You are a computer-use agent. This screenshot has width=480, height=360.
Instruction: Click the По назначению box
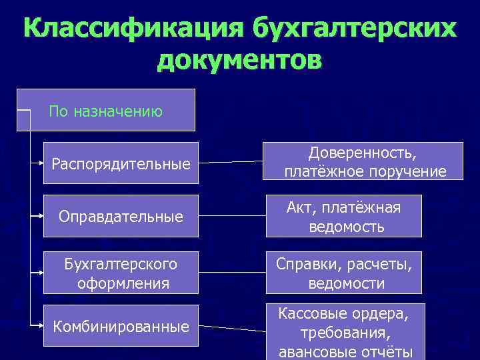[106, 110]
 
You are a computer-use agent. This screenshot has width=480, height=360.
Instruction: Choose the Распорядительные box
[121, 163]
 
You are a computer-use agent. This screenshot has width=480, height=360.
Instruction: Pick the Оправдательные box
[121, 217]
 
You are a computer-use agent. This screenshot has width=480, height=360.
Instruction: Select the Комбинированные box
[121, 326]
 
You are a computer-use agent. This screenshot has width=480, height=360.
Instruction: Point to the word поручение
[406, 172]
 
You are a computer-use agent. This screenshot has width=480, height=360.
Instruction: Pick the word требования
[345, 332]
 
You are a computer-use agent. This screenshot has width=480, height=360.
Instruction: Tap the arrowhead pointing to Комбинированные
[39, 325]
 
